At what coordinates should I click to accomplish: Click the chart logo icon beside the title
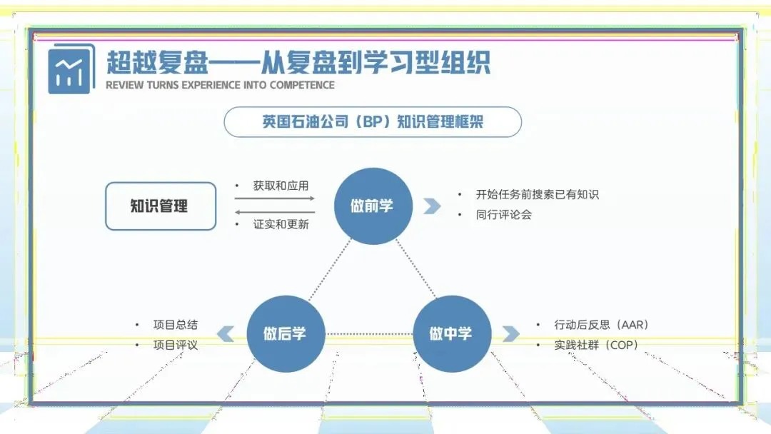click(x=71, y=69)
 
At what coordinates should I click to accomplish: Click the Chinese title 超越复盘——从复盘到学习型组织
click(x=298, y=62)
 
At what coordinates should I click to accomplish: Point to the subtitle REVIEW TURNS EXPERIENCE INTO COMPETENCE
click(x=220, y=85)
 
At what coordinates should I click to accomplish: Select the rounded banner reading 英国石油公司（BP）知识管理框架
click(x=373, y=122)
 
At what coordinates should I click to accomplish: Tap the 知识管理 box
click(x=161, y=206)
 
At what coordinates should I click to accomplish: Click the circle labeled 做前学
click(x=372, y=206)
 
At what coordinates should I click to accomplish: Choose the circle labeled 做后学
click(x=285, y=333)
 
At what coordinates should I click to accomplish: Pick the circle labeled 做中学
click(x=451, y=333)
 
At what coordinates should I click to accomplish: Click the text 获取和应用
click(x=281, y=186)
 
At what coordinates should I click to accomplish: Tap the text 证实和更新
click(x=281, y=224)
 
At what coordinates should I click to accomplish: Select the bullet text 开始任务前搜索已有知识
click(x=538, y=194)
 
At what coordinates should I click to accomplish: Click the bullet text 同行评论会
click(x=504, y=214)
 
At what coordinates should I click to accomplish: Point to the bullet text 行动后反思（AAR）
click(x=601, y=325)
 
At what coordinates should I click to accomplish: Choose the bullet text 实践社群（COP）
click(x=596, y=345)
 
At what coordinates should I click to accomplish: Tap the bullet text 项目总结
click(x=176, y=325)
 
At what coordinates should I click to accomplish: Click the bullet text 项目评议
click(x=176, y=345)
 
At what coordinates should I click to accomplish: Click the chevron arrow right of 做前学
click(x=431, y=206)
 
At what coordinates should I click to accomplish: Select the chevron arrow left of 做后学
click(x=226, y=333)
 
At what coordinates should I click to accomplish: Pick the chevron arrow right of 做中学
click(x=510, y=333)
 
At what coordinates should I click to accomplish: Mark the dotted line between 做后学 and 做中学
click(x=368, y=333)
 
